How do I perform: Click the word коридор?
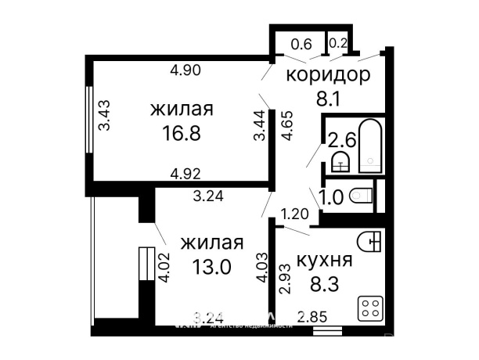point(327,75)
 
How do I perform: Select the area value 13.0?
point(211,267)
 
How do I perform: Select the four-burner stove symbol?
point(369,308)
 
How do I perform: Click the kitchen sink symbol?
point(370,239)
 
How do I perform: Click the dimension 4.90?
point(186,70)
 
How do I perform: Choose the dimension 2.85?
point(311,317)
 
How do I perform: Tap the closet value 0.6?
point(301,44)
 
